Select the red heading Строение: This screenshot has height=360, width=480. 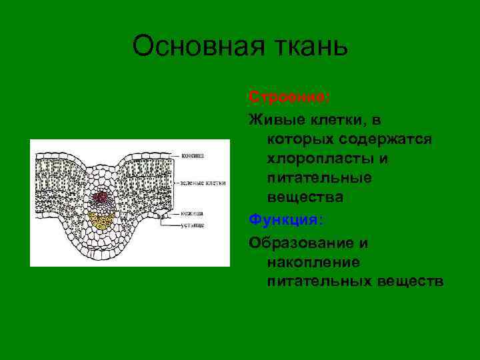point(289,97)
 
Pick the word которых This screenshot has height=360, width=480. point(299,139)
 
